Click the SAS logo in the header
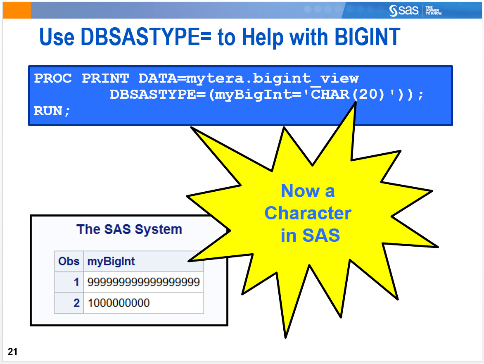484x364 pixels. (404, 10)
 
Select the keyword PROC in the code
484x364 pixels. (53, 78)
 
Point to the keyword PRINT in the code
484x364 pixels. (105, 78)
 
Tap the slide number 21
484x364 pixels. (12, 352)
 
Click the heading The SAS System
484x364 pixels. (129, 229)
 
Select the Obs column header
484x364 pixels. (69, 261)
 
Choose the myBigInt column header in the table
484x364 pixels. (111, 261)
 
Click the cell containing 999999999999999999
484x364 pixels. (143, 282)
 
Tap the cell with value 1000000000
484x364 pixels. (119, 303)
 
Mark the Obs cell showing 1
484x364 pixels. (76, 282)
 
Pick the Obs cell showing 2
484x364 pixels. (76, 303)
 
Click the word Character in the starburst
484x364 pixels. (308, 213)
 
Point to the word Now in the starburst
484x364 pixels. (297, 191)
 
